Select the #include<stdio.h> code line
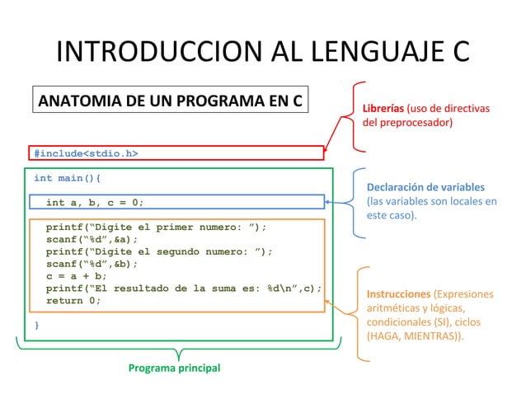pyautogui.click(x=86, y=152)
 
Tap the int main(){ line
pyautogui.click(x=68, y=177)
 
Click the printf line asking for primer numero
pyautogui.click(x=156, y=227)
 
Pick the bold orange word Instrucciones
pyautogui.click(x=399, y=293)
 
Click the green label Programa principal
pyautogui.click(x=175, y=368)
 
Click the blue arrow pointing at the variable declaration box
pyautogui.click(x=340, y=202)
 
